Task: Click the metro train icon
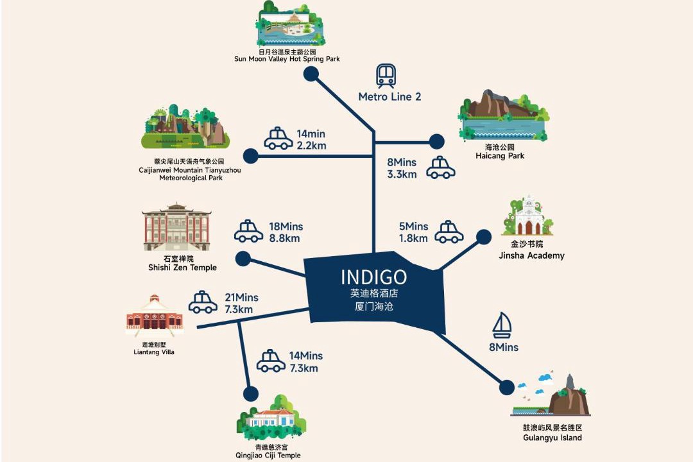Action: point(386,76)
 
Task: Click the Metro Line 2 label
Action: point(389,97)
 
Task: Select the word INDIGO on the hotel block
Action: point(374,277)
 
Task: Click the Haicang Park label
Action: point(500,156)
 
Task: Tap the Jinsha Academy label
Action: point(532,255)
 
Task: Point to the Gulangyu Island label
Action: point(552,438)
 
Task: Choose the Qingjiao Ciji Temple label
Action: point(268,456)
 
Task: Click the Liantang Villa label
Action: point(154,352)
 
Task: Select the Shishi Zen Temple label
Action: point(182,268)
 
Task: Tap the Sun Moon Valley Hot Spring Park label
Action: point(287,59)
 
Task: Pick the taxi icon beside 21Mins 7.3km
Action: point(203,302)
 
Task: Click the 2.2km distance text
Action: point(312,146)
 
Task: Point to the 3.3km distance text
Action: point(402,174)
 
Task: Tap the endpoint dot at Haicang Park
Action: point(437,142)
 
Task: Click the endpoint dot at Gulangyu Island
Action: point(507,388)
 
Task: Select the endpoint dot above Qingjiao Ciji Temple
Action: point(251,393)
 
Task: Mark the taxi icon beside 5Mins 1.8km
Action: point(449,232)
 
